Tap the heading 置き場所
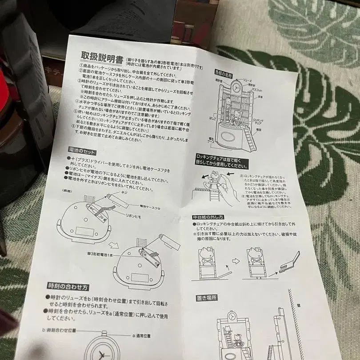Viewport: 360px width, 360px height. (207, 298)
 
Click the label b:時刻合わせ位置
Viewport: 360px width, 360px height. (60, 331)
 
